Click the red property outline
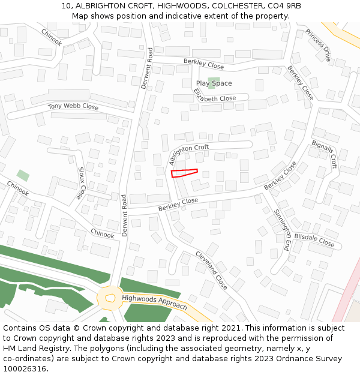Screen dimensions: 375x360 [x=184, y=173]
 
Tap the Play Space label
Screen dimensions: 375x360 [x=214, y=83]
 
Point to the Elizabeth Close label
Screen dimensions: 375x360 [x=215, y=97]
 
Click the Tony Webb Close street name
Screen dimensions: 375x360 [x=73, y=107]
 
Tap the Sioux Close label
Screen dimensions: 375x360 [x=81, y=183]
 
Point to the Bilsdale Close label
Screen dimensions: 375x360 [x=314, y=241]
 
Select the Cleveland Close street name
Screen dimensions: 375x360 [x=211, y=270]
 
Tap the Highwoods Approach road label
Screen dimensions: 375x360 [x=154, y=302]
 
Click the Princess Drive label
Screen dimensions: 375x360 [x=318, y=45]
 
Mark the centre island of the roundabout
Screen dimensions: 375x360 [x=110, y=298]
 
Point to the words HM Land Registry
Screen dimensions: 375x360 [x=32, y=349]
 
